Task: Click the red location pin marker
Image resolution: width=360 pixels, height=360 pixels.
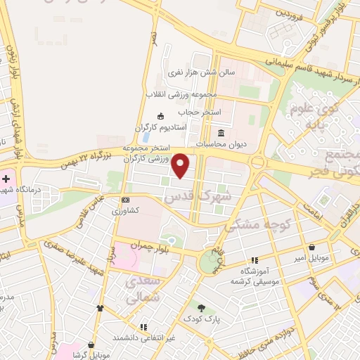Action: click(181, 165)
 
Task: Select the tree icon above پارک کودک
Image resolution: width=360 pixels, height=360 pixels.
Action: click(202, 308)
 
